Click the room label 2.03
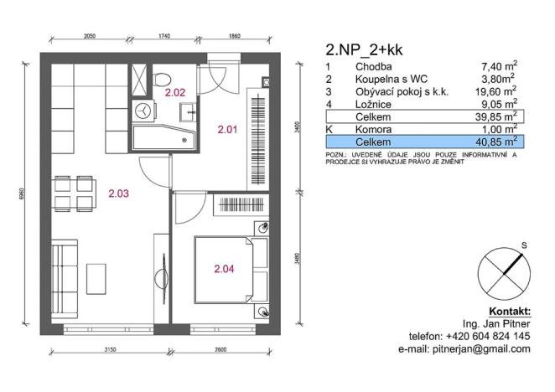pos(119,193)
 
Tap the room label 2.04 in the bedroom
pos(225,269)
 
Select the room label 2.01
pos(228,130)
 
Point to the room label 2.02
pos(175,93)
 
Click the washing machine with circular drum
pos(144,109)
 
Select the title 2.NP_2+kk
pos(364,49)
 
